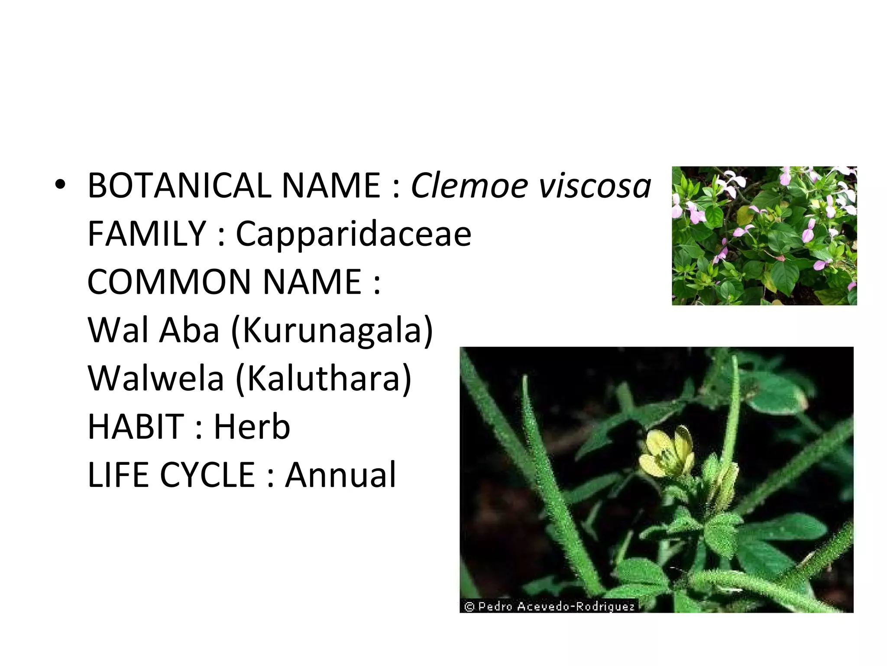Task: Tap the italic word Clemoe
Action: click(469, 186)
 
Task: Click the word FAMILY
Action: click(146, 234)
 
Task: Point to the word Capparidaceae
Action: click(353, 235)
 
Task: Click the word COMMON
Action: click(169, 282)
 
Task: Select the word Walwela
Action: click(156, 379)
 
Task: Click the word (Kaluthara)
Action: click(323, 379)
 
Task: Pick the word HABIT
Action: click(136, 427)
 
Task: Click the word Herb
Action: click(252, 427)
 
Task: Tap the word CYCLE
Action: click(207, 475)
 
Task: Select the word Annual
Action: click(340, 475)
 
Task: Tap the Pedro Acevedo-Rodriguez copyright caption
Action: click(549, 606)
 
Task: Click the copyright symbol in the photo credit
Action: click(469, 606)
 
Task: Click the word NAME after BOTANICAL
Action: click(331, 186)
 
